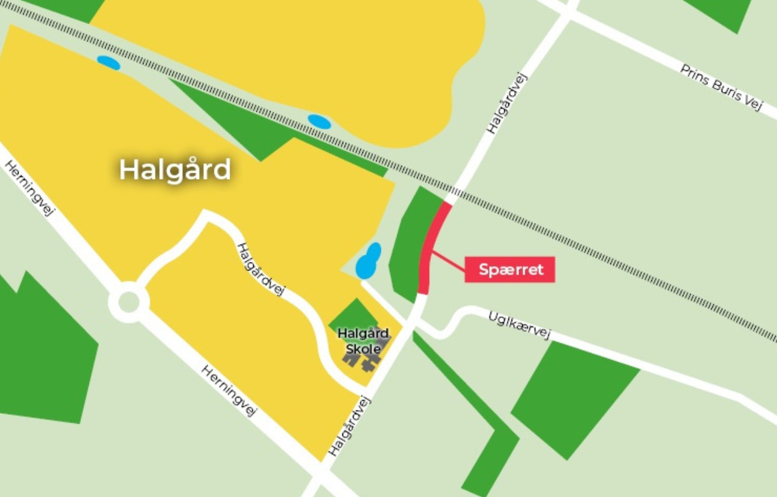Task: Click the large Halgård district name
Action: (x=175, y=170)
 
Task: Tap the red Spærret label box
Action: (x=510, y=270)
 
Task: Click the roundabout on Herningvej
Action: (x=129, y=303)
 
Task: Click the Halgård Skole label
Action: (x=363, y=341)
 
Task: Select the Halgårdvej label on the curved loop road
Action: (x=260, y=268)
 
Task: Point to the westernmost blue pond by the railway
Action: (x=108, y=63)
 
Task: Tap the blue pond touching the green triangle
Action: (x=319, y=122)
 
